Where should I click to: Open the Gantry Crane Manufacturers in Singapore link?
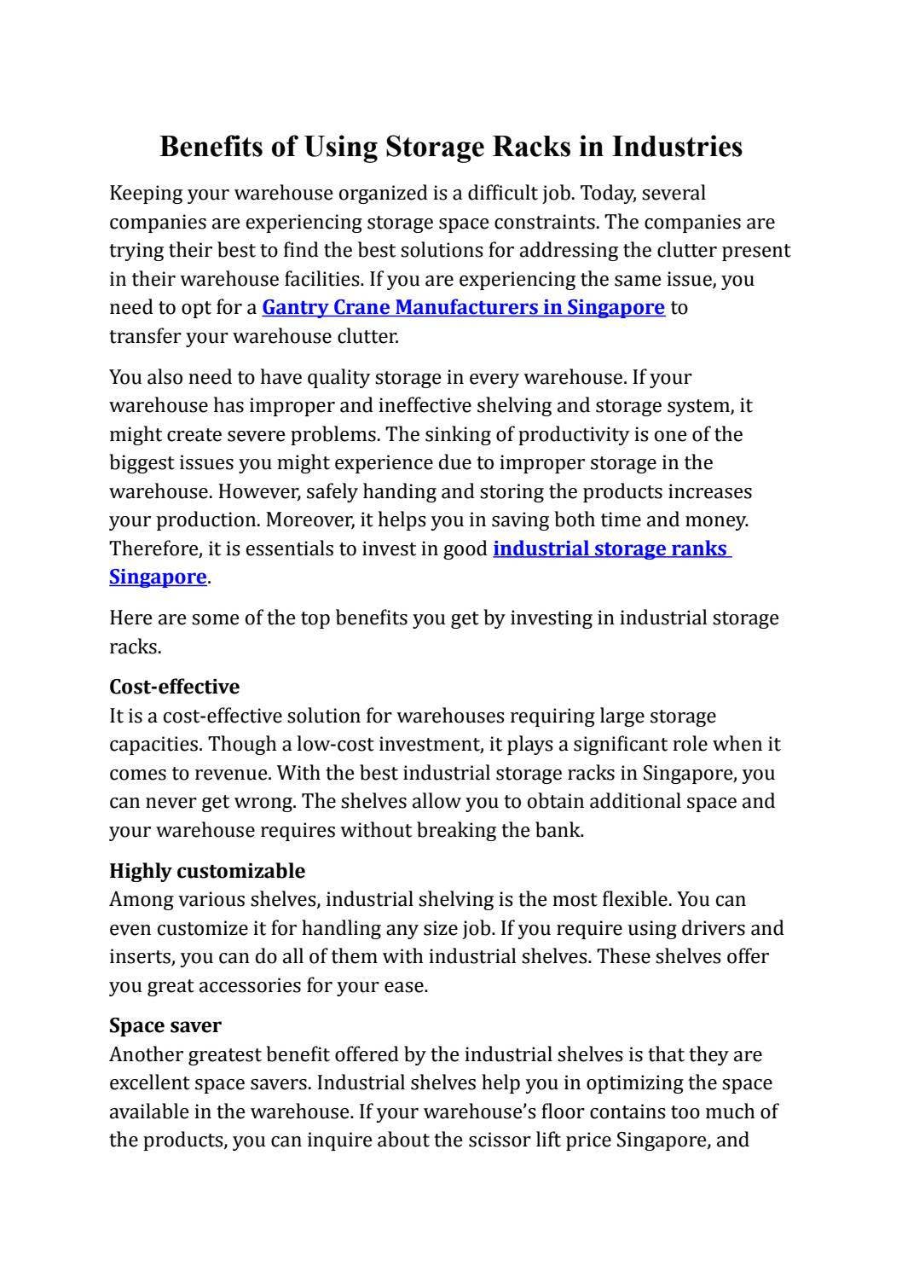point(463,307)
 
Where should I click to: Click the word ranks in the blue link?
point(698,549)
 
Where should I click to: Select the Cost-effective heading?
point(174,687)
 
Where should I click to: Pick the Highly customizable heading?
point(206,871)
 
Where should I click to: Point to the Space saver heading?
point(165,1025)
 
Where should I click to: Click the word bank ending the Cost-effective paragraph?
point(562,831)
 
